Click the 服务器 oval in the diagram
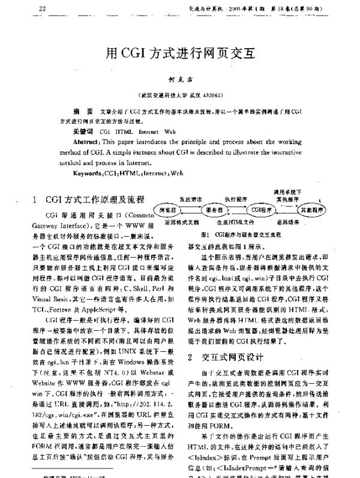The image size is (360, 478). click(x=214, y=210)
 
